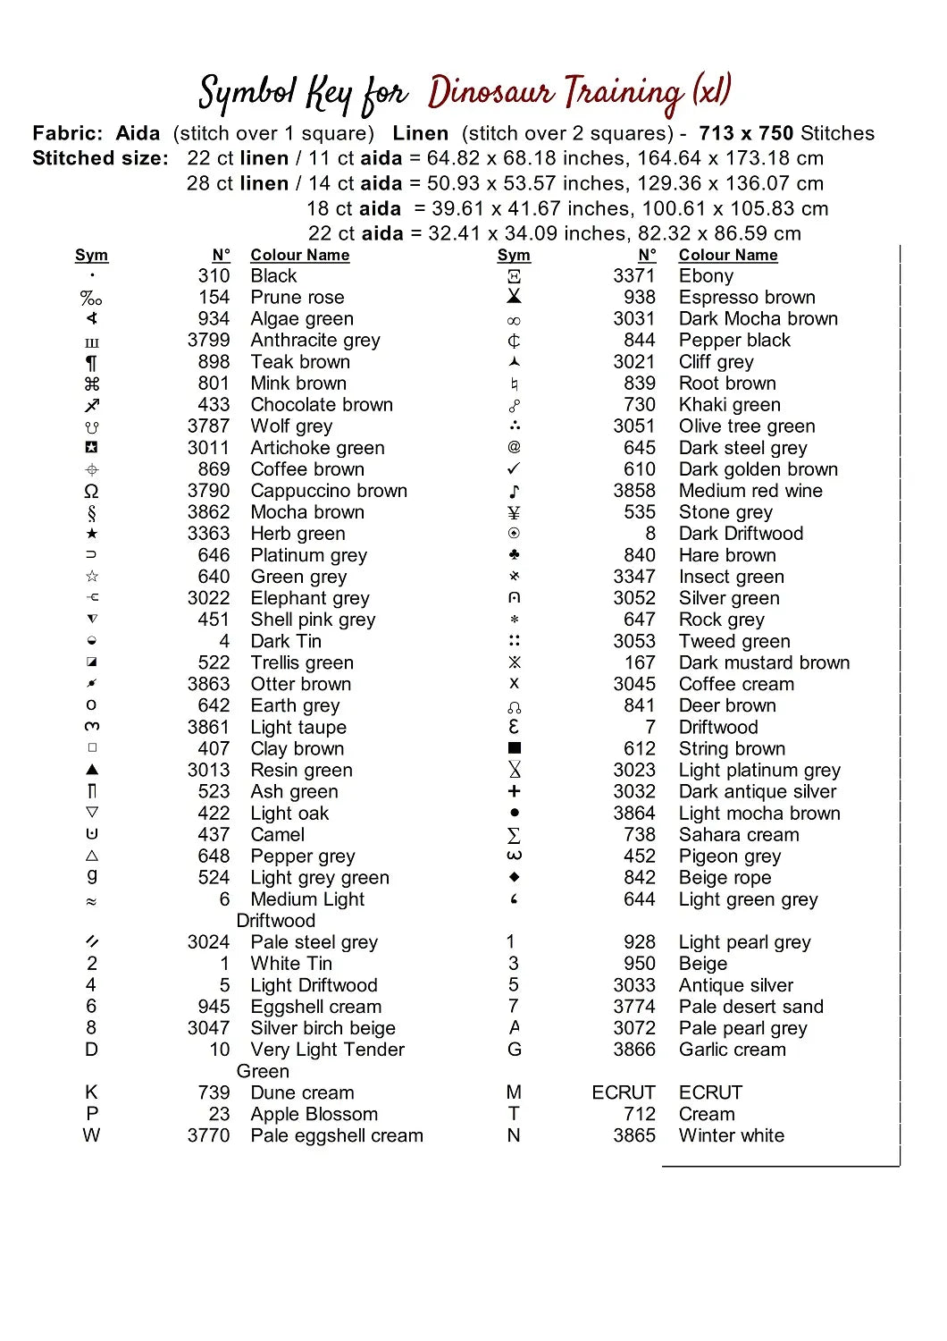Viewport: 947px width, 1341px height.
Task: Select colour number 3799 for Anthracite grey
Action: [208, 341]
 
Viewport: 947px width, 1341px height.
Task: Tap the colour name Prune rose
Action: [297, 298]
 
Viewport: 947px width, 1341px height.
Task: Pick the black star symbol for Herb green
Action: [92, 534]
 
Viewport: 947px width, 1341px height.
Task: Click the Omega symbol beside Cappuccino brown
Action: [91, 491]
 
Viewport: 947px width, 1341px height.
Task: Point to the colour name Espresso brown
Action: [747, 298]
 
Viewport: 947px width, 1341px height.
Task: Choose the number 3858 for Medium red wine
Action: [633, 491]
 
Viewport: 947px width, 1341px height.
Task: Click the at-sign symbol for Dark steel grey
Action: [514, 447]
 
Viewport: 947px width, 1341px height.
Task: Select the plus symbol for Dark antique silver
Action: [514, 791]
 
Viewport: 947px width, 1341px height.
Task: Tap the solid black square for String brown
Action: [514, 748]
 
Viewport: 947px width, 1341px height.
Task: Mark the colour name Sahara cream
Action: [739, 835]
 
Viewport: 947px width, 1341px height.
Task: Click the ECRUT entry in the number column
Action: [623, 1092]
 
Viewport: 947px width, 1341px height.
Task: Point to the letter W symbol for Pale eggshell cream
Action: [91, 1135]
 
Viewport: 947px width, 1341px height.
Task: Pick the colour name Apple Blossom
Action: [314, 1114]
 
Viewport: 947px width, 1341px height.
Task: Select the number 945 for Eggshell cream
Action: [214, 1007]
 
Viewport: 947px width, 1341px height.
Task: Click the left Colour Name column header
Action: [299, 255]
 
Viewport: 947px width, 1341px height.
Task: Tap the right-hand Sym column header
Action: [514, 255]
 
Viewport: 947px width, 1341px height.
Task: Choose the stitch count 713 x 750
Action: [746, 133]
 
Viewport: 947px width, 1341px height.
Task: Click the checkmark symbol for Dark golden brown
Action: [514, 468]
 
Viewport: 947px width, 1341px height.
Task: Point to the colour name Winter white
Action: [731, 1135]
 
